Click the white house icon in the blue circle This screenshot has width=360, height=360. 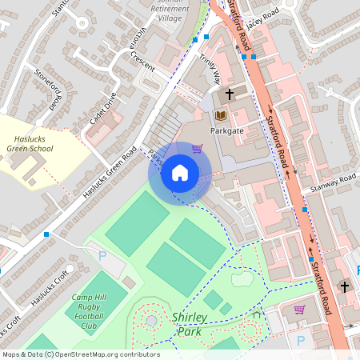(180, 173)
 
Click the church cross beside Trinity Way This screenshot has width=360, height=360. (230, 94)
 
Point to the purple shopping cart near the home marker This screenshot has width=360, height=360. (197, 149)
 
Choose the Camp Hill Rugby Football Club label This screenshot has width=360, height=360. (94, 311)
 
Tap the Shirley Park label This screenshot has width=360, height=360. (189, 324)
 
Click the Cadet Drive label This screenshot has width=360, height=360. (103, 108)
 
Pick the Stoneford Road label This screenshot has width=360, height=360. (47, 88)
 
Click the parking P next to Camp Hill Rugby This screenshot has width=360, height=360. (102, 255)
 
